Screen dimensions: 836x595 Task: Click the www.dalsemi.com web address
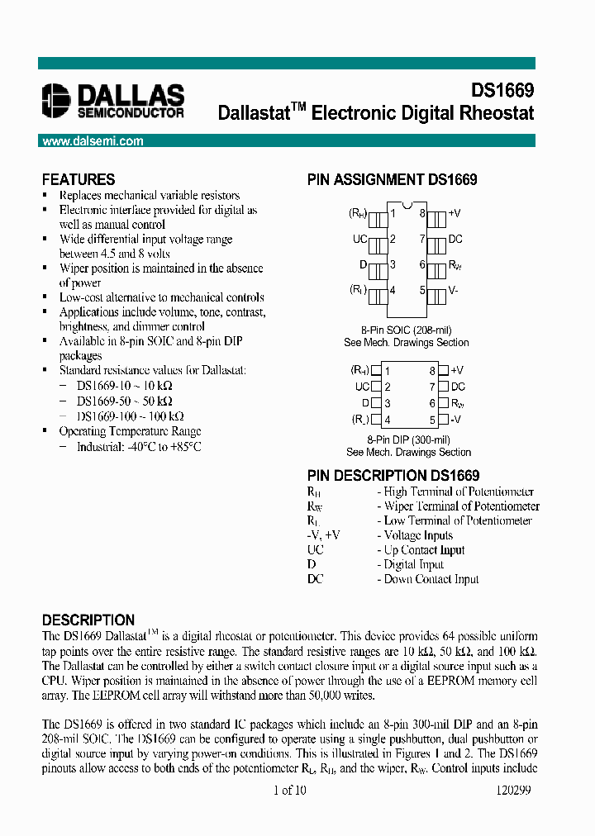click(x=93, y=141)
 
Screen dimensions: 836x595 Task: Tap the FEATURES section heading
click(x=79, y=179)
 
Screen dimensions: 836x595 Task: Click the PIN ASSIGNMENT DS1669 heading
click(x=392, y=179)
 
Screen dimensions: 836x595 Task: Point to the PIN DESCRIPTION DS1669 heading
click(x=393, y=475)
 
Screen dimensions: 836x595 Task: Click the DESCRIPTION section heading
click(x=88, y=620)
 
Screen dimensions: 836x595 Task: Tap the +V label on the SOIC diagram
click(x=454, y=213)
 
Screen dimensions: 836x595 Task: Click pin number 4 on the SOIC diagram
click(x=393, y=290)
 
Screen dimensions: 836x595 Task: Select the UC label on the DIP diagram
click(x=361, y=387)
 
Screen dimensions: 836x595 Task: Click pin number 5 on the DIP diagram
click(x=432, y=420)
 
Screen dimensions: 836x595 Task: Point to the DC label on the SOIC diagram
click(x=455, y=239)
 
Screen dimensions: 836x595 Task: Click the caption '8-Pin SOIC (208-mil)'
click(x=407, y=329)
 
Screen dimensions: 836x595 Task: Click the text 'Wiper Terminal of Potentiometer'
click(x=461, y=506)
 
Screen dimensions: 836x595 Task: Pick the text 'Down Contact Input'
click(x=431, y=579)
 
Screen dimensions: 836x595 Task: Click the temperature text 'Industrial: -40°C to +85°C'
click(x=139, y=446)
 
